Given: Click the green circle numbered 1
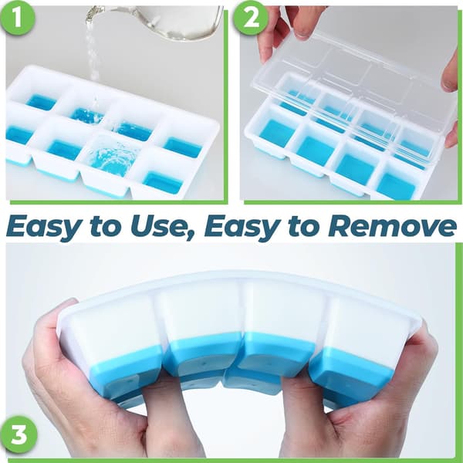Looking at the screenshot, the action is (18, 18).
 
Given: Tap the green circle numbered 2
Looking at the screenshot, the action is (251, 18).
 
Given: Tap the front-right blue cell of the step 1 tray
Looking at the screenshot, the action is (162, 181).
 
